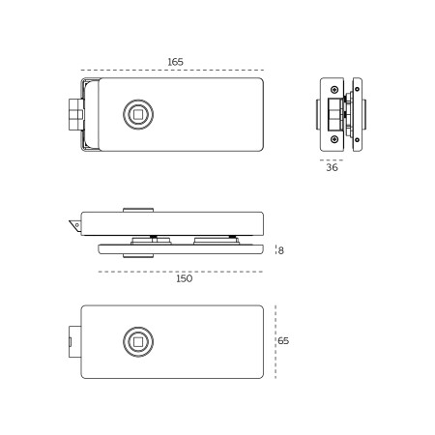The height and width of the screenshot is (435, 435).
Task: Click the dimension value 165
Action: tap(175, 62)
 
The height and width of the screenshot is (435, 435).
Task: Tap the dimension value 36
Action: tap(332, 167)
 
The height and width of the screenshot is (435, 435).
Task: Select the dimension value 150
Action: tap(184, 278)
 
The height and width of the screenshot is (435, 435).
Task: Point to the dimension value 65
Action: tap(283, 340)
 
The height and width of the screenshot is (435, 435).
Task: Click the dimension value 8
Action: tap(281, 250)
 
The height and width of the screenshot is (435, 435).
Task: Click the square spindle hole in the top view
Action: tap(138, 114)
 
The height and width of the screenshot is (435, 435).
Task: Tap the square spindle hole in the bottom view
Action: tap(138, 342)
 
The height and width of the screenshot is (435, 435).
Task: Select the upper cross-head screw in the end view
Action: tap(334, 89)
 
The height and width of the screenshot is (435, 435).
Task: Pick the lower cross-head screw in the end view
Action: tap(334, 139)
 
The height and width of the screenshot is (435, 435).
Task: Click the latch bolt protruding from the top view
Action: tap(76, 114)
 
